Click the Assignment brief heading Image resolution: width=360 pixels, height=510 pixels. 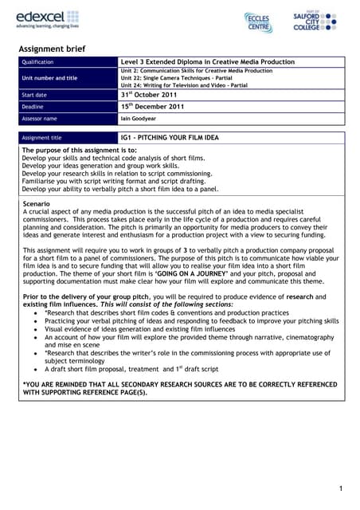click(53, 49)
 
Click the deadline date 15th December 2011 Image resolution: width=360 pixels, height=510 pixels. click(154, 106)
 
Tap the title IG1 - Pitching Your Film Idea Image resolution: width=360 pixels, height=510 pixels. click(171, 137)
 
